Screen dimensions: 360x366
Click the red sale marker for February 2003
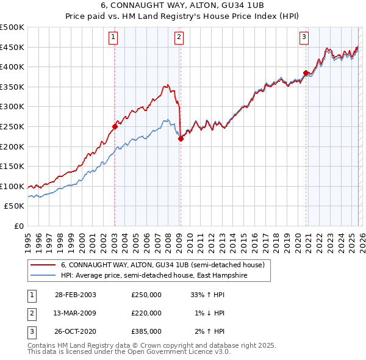(115, 127)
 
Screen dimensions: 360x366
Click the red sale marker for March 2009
(181, 139)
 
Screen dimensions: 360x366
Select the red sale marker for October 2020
(306, 73)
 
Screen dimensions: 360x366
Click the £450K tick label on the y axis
(12, 47)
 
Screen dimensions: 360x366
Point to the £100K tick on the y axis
(12, 186)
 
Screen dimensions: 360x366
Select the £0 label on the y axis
(19, 226)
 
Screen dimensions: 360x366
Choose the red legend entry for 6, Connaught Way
(162, 265)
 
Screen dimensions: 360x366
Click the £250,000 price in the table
(146, 295)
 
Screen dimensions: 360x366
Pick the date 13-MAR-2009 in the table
(76, 313)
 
